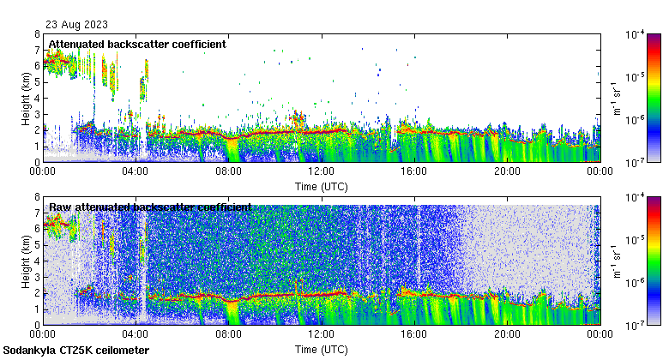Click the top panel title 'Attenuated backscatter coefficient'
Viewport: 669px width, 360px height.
(x=137, y=44)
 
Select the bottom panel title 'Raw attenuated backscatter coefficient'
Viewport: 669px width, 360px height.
(x=149, y=207)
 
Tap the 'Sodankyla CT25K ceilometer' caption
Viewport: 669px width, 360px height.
(x=76, y=351)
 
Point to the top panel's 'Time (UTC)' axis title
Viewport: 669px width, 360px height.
(x=322, y=185)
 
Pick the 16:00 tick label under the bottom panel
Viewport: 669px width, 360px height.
(x=414, y=334)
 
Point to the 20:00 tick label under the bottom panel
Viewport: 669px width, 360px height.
(x=507, y=334)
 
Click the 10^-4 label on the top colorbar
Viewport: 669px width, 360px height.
(x=636, y=35)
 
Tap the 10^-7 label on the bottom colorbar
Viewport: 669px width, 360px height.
(x=636, y=325)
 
